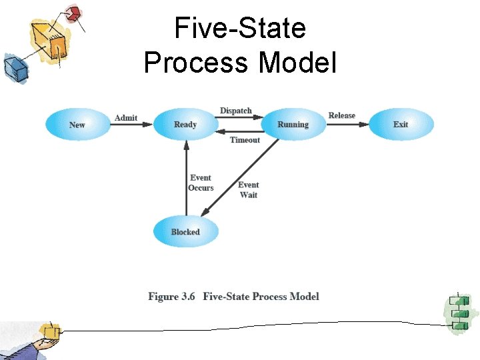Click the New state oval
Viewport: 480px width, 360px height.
[77, 125]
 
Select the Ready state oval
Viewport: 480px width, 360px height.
[185, 125]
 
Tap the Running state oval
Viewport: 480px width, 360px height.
[293, 125]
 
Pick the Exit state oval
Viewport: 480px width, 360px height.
[401, 125]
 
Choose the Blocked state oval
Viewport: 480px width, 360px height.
[185, 232]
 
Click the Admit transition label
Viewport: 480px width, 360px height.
[126, 118]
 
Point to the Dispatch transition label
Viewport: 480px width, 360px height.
[236, 111]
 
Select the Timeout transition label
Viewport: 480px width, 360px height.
[245, 140]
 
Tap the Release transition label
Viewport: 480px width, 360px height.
[342, 115]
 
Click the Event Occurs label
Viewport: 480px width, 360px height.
[201, 183]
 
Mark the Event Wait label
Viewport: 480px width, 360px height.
[248, 190]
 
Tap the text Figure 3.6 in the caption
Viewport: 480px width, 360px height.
[171, 297]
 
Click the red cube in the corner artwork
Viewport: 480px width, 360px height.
[73, 13]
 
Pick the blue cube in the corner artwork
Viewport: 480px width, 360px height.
[13, 67]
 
